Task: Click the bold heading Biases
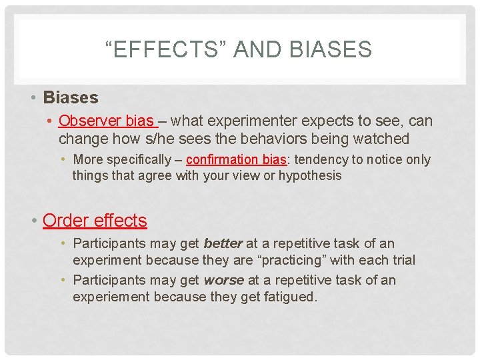[x=70, y=97]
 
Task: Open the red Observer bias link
[x=107, y=121]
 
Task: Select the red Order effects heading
[x=95, y=220]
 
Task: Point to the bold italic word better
[x=223, y=244]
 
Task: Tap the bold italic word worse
[x=223, y=280]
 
